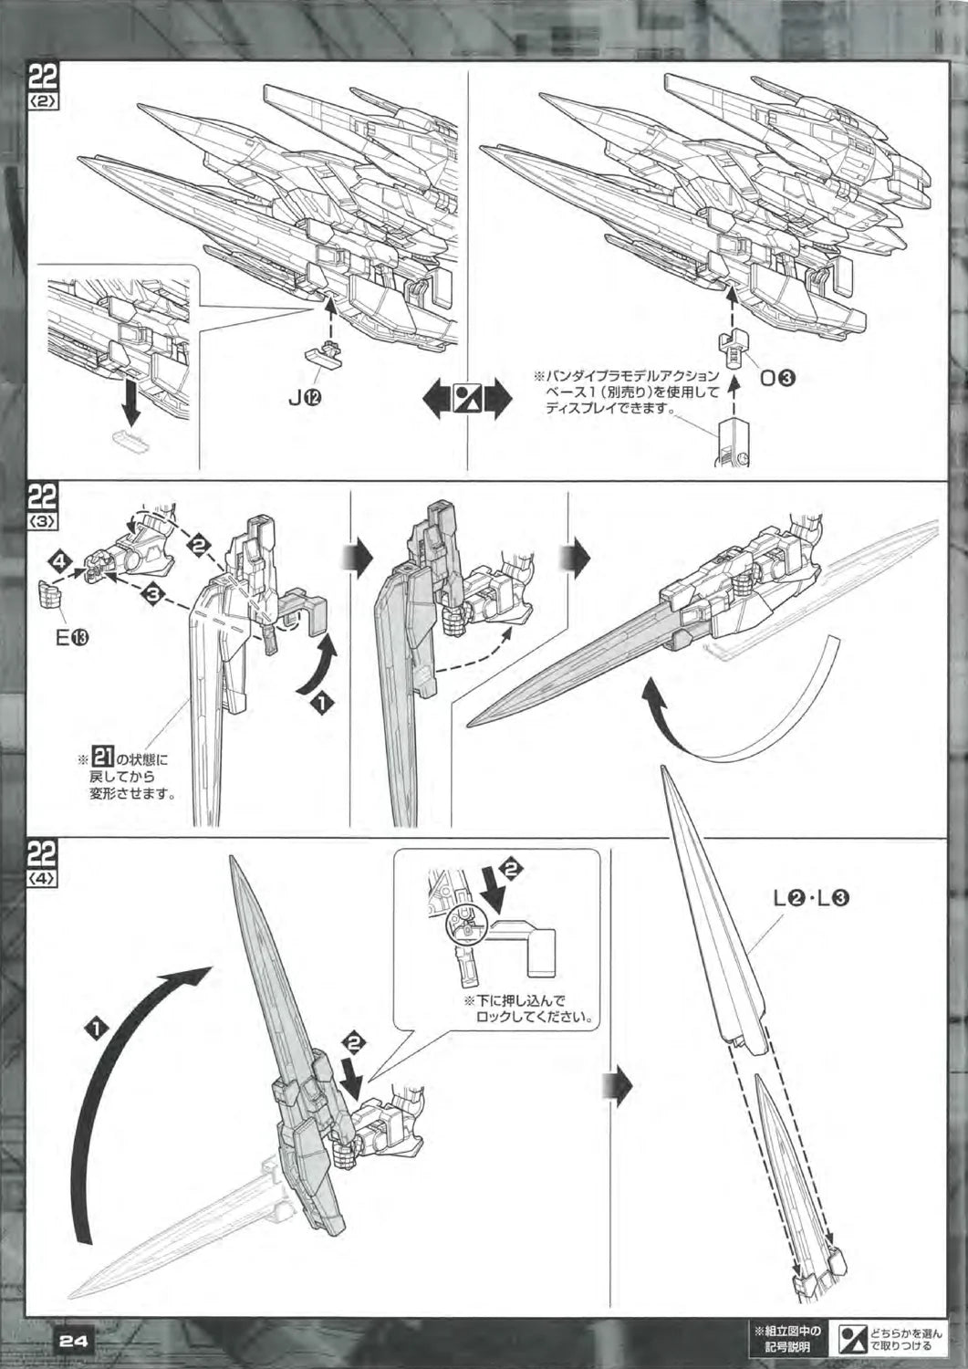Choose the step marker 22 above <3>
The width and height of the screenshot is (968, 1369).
[44, 498]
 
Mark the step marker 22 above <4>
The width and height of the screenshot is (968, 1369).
[44, 856]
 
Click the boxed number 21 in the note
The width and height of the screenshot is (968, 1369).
[103, 758]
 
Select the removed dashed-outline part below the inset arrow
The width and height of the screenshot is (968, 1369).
[130, 439]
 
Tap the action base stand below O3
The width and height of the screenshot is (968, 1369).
[734, 443]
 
